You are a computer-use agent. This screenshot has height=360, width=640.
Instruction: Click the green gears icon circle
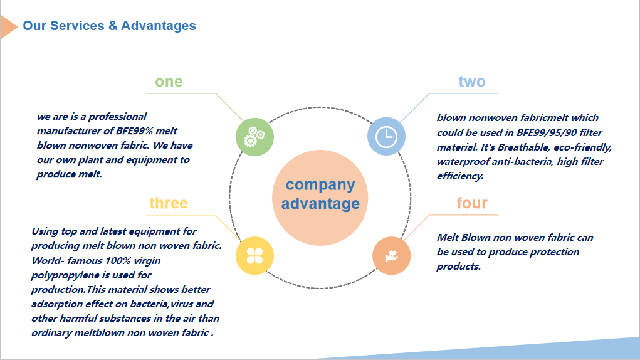tap(254, 137)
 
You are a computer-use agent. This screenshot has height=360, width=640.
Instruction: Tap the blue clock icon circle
tap(386, 136)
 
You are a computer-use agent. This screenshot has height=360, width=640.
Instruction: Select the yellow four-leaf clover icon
tap(254, 255)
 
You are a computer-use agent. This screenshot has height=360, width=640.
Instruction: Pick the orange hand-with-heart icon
tap(391, 255)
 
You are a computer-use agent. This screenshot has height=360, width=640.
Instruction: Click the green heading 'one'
tap(169, 82)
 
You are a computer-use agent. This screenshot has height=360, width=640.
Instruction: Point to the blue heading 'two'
tap(472, 82)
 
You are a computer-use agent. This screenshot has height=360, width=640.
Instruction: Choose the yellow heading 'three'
tap(169, 203)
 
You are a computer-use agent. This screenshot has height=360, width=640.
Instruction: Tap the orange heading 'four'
tap(472, 203)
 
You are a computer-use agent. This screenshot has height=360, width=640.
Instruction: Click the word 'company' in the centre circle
tap(320, 185)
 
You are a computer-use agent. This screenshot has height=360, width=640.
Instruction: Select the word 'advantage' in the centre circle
tap(320, 203)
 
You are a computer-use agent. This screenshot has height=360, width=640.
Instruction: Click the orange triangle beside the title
tap(9, 27)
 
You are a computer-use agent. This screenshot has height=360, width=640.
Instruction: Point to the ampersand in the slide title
tap(113, 26)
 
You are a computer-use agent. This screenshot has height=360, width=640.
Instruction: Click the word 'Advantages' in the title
tap(159, 26)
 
